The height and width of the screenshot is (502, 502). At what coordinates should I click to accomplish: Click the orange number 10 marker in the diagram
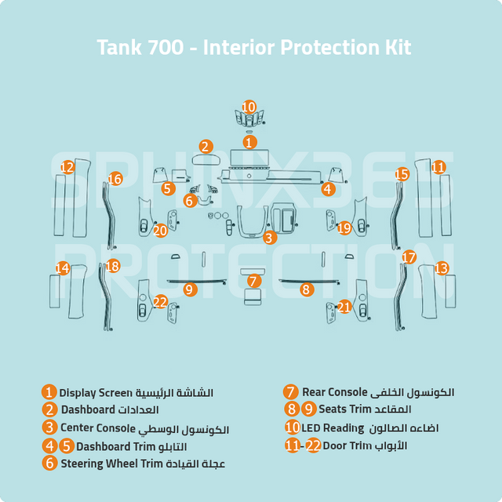pyautogui.click(x=249, y=107)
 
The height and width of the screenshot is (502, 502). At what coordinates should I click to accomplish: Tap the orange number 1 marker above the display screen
pyautogui.click(x=249, y=142)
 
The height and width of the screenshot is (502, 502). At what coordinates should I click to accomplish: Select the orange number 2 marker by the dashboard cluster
pyautogui.click(x=206, y=146)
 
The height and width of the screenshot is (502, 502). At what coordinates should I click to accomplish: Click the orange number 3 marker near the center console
pyautogui.click(x=269, y=237)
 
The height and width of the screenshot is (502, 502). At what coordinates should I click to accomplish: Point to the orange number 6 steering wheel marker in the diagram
pyautogui.click(x=190, y=201)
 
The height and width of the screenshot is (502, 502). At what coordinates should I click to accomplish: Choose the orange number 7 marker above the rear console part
pyautogui.click(x=253, y=280)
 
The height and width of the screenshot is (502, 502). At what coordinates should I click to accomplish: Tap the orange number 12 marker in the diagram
pyautogui.click(x=67, y=167)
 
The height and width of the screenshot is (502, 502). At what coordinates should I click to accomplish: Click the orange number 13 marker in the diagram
pyautogui.click(x=442, y=268)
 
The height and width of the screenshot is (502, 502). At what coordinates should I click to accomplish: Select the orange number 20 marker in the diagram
pyautogui.click(x=160, y=230)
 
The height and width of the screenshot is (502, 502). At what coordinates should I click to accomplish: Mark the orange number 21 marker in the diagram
pyautogui.click(x=344, y=307)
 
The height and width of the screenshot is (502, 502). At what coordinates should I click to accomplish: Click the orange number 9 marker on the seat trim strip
pyautogui.click(x=189, y=289)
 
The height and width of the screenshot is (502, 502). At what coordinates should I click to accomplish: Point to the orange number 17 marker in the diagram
pyautogui.click(x=409, y=257)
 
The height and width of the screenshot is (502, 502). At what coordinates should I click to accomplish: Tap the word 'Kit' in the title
pyautogui.click(x=396, y=47)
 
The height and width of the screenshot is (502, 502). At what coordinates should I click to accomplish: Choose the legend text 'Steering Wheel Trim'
pyautogui.click(x=111, y=463)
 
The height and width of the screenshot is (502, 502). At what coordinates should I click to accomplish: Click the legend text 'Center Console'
pyautogui.click(x=98, y=427)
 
